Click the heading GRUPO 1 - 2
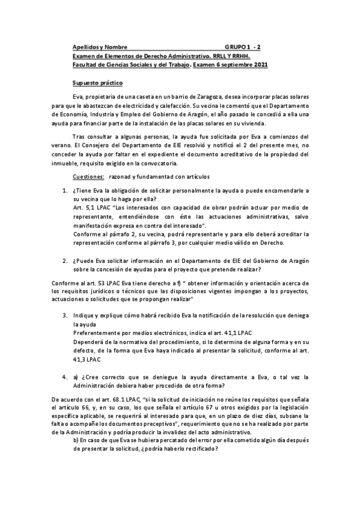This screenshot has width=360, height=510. click(x=243, y=46)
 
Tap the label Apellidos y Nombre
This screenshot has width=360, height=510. click(x=95, y=46)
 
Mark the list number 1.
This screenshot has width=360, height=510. click(x=66, y=191)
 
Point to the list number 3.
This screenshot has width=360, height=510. click(x=66, y=315)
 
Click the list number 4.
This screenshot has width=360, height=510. click(x=66, y=377)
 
